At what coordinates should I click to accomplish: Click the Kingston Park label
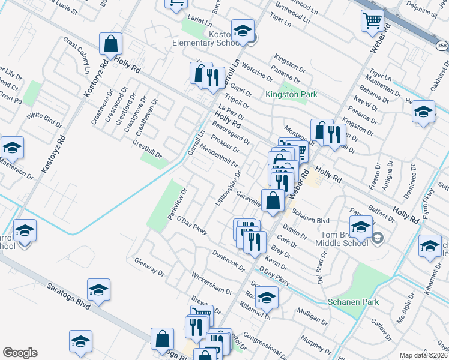tap(291, 95)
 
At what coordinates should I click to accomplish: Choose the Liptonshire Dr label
tap(228, 187)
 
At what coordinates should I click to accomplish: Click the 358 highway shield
tap(442, 46)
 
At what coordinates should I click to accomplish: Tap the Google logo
tap(20, 352)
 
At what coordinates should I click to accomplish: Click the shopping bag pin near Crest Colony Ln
tap(111, 43)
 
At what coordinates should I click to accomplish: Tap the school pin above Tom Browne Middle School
tap(360, 227)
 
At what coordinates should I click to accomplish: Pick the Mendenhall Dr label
tap(220, 155)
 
